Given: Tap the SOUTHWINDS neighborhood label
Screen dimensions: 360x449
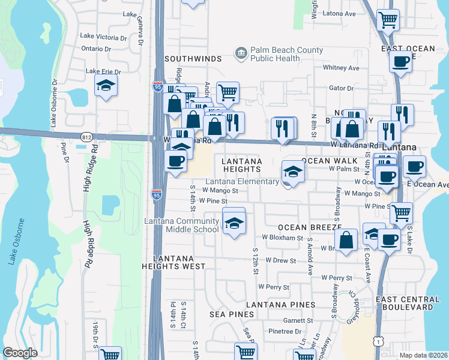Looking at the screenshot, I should point(193,59).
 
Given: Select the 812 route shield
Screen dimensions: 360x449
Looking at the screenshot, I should point(85,137).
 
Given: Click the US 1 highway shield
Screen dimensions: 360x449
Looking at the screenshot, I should point(377,341).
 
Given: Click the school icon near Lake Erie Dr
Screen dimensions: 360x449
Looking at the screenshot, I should point(106,85).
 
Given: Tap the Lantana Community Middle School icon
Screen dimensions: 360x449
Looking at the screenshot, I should point(234,223).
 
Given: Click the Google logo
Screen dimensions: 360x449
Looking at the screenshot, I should point(20,353).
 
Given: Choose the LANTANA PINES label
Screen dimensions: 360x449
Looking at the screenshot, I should point(280,305).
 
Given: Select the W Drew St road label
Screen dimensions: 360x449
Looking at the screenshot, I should point(285,261).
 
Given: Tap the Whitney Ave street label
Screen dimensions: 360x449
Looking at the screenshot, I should point(340,68).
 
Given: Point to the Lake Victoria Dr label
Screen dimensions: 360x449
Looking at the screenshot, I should point(104,37).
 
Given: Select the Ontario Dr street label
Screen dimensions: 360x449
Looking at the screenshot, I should point(97,49).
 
